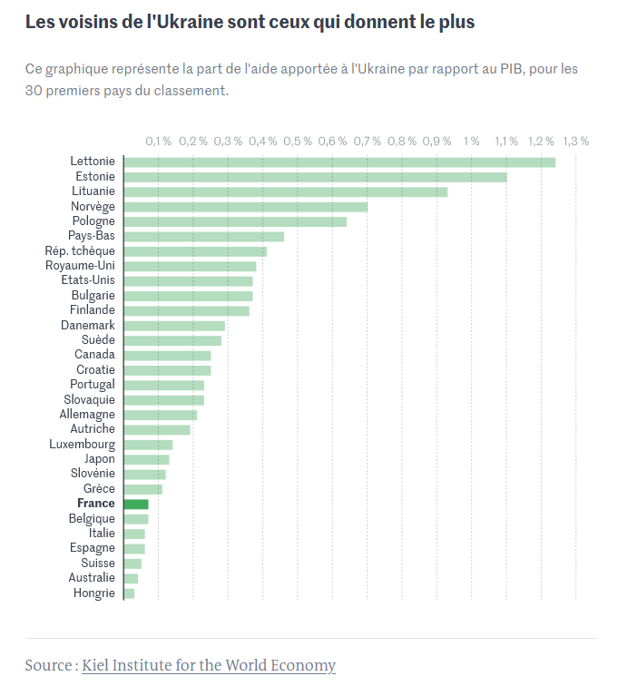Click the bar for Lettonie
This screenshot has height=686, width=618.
(x=338, y=162)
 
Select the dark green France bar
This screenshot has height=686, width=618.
(x=135, y=504)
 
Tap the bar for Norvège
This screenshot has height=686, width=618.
(x=245, y=207)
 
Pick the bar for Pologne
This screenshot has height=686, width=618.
(x=235, y=221)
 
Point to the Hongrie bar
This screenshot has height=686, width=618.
(x=129, y=593)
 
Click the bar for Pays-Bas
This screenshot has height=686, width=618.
(x=203, y=236)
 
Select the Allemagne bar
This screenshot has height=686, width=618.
(x=160, y=415)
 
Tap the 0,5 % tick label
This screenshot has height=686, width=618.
(x=298, y=142)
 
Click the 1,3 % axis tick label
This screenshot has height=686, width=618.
(x=576, y=142)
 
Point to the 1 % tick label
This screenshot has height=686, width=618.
(x=472, y=142)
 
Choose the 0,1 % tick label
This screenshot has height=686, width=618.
(x=159, y=142)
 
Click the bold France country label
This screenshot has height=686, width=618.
(x=96, y=504)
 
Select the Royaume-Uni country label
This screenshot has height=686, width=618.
(x=81, y=266)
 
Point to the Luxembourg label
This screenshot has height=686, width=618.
(x=83, y=445)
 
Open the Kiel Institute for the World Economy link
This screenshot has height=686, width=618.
(x=209, y=665)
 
